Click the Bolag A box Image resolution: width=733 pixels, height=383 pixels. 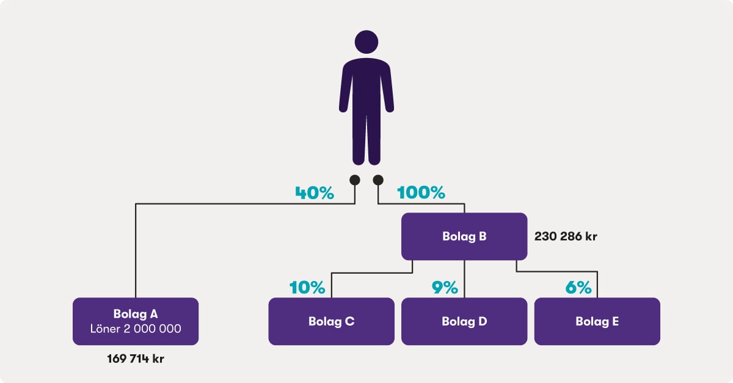click(136, 321)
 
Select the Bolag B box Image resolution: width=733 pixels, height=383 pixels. click(464, 236)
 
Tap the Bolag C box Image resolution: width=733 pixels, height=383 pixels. click(332, 321)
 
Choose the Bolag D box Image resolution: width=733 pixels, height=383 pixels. click(464, 321)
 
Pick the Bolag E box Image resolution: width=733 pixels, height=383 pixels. click(597, 321)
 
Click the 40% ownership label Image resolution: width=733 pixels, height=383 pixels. click(315, 192)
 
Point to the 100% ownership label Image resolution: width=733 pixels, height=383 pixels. click(421, 192)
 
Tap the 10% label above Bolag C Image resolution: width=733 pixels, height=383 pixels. click(307, 288)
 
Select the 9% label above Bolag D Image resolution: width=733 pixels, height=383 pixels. click(445, 288)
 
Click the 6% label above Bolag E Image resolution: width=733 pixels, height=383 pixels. click(578, 288)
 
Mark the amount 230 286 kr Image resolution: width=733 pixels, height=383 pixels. click(566, 236)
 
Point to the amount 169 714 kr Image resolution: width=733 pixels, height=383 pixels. click(136, 359)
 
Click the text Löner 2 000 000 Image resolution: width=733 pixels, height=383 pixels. click(136, 329)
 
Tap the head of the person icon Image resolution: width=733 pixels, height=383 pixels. click(366, 42)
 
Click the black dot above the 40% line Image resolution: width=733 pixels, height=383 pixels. click(355, 180)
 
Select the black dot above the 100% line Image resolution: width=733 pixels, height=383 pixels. click(378, 180)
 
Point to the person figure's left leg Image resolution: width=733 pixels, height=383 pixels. click(359, 139)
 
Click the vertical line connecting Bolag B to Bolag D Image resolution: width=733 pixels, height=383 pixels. click(464, 279)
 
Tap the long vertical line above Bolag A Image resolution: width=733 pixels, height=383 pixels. click(136, 250)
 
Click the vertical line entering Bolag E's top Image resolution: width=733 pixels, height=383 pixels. click(597, 285)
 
